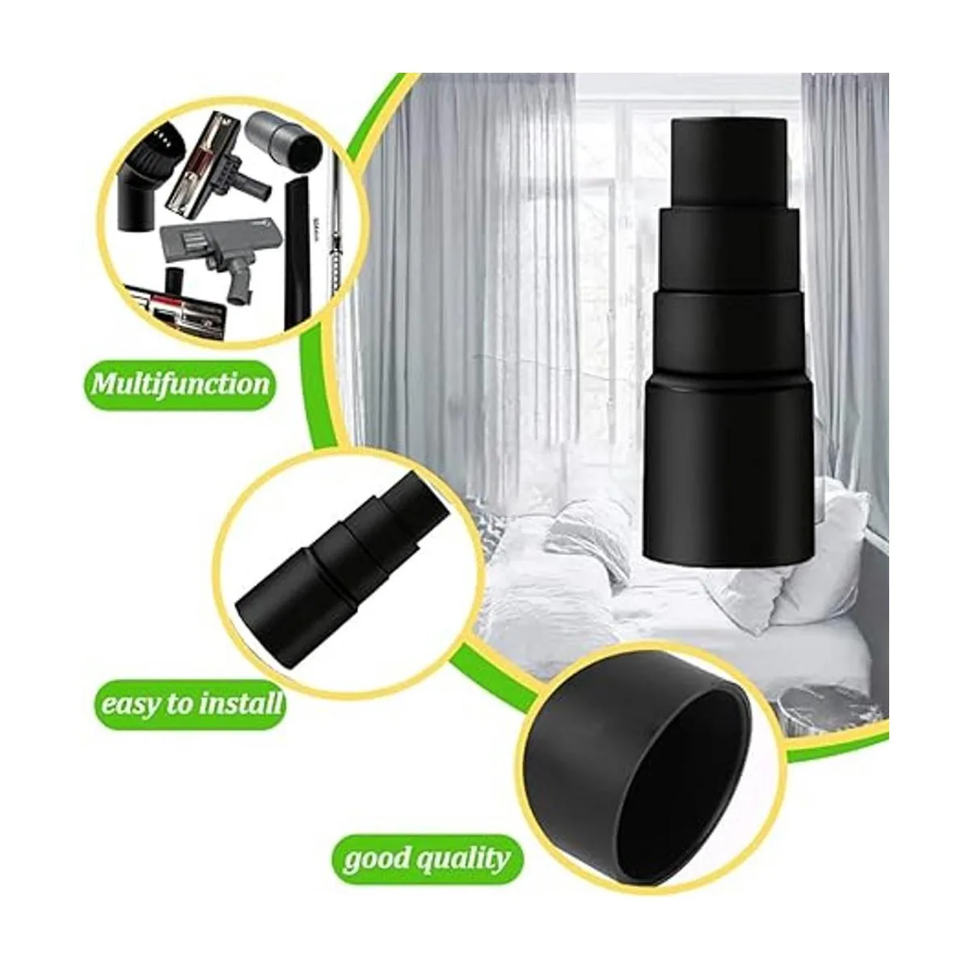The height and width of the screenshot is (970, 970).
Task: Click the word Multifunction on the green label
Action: (x=181, y=386)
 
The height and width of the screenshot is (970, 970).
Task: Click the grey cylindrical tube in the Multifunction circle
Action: (x=286, y=140)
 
